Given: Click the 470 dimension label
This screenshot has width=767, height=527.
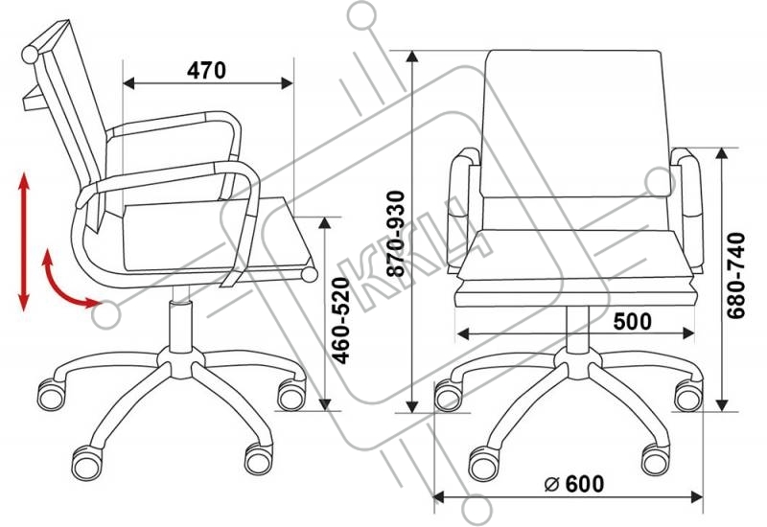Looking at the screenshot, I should pyautogui.click(x=206, y=70).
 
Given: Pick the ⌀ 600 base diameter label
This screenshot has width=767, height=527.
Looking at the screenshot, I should pyautogui.click(x=574, y=485).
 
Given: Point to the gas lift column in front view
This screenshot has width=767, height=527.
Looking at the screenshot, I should pyautogui.click(x=576, y=332).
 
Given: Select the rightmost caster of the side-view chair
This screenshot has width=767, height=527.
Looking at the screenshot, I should pyautogui.click(x=290, y=393).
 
